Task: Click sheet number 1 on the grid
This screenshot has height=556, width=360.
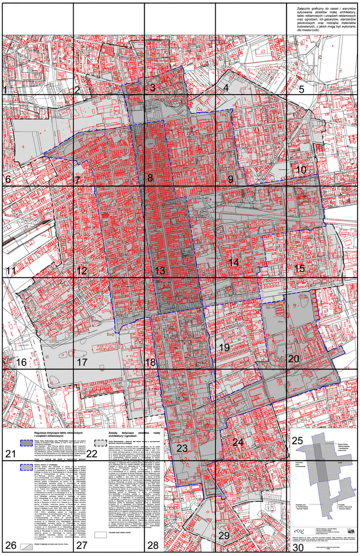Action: click(x=5, y=91)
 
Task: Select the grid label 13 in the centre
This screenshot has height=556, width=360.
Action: click(x=160, y=271)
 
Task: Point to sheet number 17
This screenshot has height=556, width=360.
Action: click(x=82, y=362)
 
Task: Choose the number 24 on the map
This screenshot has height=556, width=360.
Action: click(x=237, y=442)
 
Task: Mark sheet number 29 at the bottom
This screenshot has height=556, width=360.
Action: click(x=224, y=536)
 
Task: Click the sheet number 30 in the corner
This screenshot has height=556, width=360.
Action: click(x=297, y=547)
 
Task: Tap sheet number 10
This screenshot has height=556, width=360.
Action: click(x=301, y=169)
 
